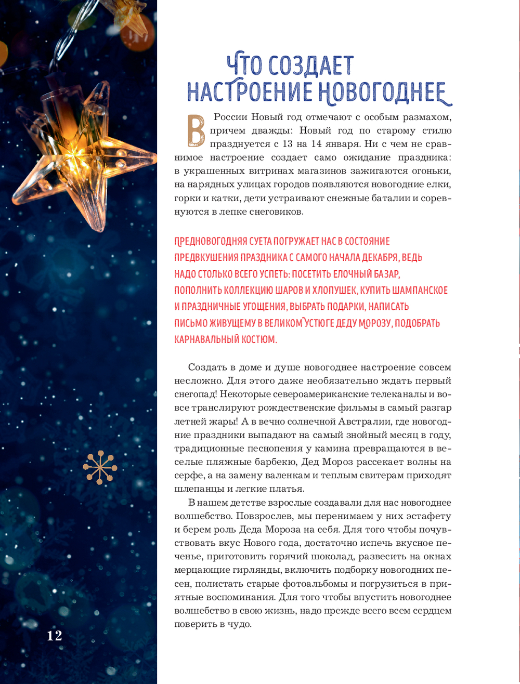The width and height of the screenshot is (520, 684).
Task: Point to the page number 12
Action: [55, 635]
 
